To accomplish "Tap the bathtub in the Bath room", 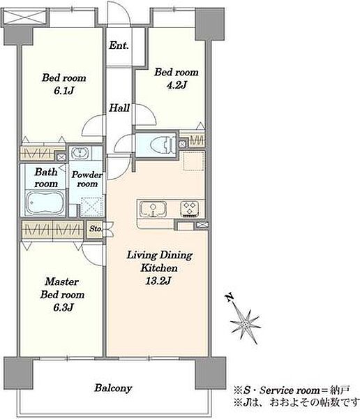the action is (x=45, y=203).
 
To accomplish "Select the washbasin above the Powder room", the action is (x=80, y=154).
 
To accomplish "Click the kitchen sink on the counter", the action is (x=153, y=209).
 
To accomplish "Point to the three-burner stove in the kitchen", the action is (x=189, y=209).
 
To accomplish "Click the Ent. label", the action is (x=119, y=45).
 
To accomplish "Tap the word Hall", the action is (x=119, y=108).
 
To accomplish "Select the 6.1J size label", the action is (x=63, y=91).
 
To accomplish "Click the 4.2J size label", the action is (x=177, y=85).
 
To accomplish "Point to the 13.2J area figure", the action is (x=158, y=281).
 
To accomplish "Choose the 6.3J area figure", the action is (x=63, y=307).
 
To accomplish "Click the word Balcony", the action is (x=113, y=388).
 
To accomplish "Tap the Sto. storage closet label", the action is (x=96, y=229).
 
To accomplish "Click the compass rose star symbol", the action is (x=245, y=325).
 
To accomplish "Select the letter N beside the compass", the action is (x=230, y=297).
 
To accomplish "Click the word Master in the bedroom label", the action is (x=61, y=281).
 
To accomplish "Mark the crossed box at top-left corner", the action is (x=25, y=17).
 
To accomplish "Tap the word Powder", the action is (x=87, y=175).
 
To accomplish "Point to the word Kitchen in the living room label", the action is (x=159, y=268).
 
